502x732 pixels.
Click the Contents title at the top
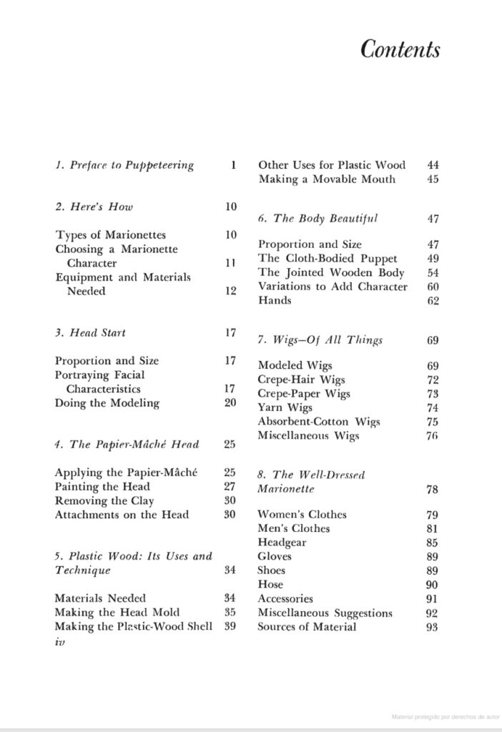point(400,49)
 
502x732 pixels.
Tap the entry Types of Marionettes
point(110,235)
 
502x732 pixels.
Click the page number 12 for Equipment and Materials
point(230,291)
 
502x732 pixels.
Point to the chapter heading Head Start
point(90,333)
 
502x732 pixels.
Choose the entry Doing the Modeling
point(107,403)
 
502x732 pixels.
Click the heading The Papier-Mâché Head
point(127,445)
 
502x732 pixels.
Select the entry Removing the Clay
point(104,501)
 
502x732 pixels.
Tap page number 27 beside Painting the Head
point(230,487)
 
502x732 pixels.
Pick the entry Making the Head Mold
point(117,613)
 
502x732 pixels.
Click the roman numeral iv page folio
point(60,641)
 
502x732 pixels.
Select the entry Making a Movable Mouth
point(327,179)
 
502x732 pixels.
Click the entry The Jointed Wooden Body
point(331,272)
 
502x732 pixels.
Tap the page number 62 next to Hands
point(433,301)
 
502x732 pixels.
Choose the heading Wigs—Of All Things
point(320,340)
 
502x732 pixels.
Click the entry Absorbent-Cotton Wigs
point(319,422)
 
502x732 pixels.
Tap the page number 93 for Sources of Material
point(433,628)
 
